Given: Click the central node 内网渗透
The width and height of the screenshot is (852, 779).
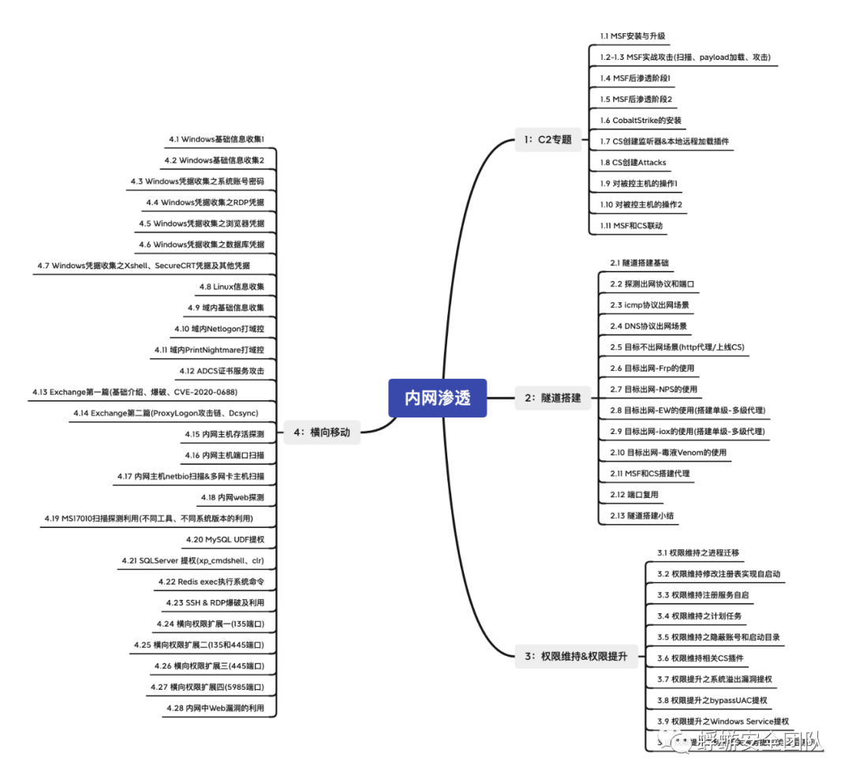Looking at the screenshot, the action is pyautogui.click(x=437, y=398).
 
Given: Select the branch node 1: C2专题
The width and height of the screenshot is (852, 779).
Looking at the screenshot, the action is pyautogui.click(x=547, y=140).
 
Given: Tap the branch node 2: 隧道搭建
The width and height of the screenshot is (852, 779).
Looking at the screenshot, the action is pyautogui.click(x=552, y=398).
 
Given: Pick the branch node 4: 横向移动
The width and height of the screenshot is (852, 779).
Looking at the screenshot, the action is pyautogui.click(x=321, y=432).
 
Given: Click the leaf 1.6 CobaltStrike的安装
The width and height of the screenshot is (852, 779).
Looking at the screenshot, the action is pyautogui.click(x=641, y=120).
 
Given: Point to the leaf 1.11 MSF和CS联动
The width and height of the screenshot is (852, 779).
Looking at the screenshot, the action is pyautogui.click(x=631, y=226).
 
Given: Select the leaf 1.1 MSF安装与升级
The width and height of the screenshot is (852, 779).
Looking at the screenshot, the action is pyautogui.click(x=633, y=36).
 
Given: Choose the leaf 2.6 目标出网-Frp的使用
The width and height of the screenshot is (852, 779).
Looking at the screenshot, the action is pyautogui.click(x=652, y=369).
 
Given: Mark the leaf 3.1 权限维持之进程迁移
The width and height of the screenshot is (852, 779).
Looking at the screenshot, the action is pyautogui.click(x=698, y=552).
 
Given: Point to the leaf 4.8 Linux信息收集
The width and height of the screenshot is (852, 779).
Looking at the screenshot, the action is pyautogui.click(x=232, y=287).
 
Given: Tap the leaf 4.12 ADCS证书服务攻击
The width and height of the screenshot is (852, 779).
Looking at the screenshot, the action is pyautogui.click(x=222, y=371).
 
